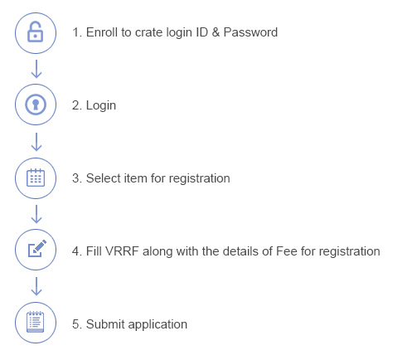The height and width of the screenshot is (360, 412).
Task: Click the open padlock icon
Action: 35,32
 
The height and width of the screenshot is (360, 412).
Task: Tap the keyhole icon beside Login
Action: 36,105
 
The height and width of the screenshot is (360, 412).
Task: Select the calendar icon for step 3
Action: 36,178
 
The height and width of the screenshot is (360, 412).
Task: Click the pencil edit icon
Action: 37,248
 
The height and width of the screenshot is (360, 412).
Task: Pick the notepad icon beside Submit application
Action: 36,322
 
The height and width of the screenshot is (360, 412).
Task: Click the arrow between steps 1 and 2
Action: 36,69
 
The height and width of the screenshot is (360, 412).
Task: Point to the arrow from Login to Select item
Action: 36,142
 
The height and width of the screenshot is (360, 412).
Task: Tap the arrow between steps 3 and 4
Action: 36,214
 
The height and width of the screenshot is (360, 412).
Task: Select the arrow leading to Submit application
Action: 36,286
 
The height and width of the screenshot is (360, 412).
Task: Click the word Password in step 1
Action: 250,32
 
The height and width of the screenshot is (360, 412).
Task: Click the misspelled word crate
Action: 148,32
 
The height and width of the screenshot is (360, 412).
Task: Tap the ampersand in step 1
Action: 216,32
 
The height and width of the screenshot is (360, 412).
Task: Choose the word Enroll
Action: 102,32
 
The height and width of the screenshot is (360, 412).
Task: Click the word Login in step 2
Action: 101,106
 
